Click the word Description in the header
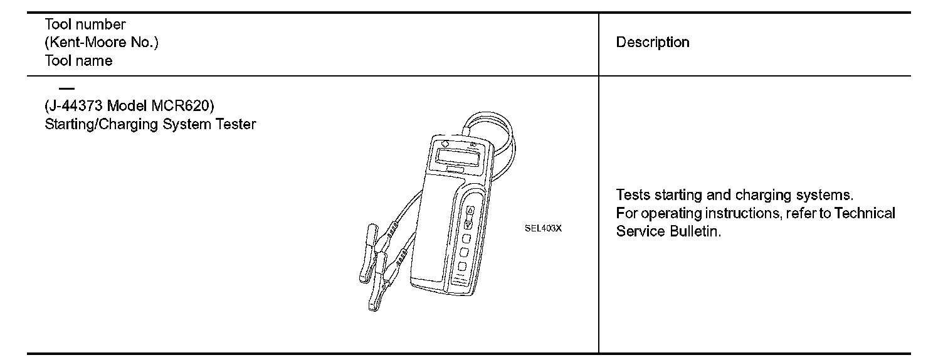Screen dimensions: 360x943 click(653, 43)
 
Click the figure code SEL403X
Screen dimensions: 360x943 click(543, 228)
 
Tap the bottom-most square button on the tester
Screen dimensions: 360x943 click(462, 267)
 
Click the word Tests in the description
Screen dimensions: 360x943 click(633, 195)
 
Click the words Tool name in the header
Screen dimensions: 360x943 click(78, 61)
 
